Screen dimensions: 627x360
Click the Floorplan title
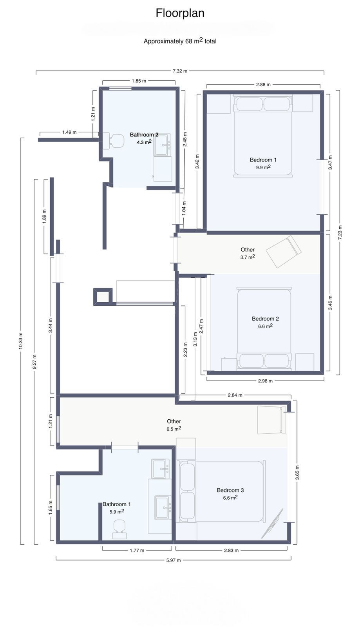coord(180,13)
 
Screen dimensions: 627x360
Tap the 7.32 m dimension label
coord(180,71)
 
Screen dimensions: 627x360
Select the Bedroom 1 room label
coord(263,160)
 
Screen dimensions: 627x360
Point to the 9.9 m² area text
coord(263,167)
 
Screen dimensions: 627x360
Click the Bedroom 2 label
coord(265,319)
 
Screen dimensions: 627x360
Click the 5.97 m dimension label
coord(173,560)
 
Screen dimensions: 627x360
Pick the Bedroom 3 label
coord(230,490)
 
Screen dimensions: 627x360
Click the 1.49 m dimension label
coord(69,132)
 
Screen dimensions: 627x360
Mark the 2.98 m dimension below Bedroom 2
coord(265,381)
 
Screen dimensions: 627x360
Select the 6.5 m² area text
coord(174,429)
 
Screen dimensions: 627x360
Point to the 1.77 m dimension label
coord(137,550)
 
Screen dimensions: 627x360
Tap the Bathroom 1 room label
coord(117,504)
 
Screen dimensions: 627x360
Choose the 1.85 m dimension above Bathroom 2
coord(139,81)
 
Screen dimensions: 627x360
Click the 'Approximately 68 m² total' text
coord(180,41)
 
